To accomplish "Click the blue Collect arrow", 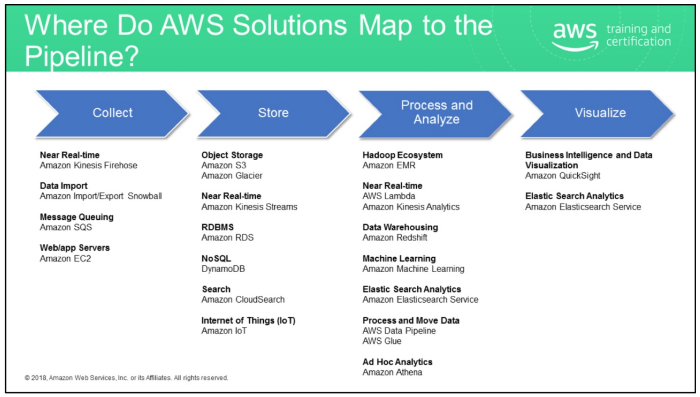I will point(112,113).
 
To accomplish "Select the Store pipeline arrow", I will point(273,113).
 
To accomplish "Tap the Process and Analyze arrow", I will point(436,113).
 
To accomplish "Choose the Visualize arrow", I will point(600,113).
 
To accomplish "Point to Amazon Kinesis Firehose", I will point(88,165).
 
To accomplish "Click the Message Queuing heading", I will point(77,217).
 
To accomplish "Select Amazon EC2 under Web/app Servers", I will point(65,259).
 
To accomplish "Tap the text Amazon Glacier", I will point(232,176).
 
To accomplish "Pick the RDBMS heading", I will point(218,227).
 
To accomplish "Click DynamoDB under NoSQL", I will point(223,269).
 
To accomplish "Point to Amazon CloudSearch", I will point(243,300).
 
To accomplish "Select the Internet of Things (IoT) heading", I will point(248,321).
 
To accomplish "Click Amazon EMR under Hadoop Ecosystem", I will point(389,165).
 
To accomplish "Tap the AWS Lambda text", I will point(389,196).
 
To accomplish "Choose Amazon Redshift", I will point(395,238).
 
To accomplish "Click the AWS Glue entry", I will point(382,341).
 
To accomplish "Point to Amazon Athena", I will point(392,372).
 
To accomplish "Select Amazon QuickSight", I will point(562,176).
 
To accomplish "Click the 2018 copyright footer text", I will point(126,378).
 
